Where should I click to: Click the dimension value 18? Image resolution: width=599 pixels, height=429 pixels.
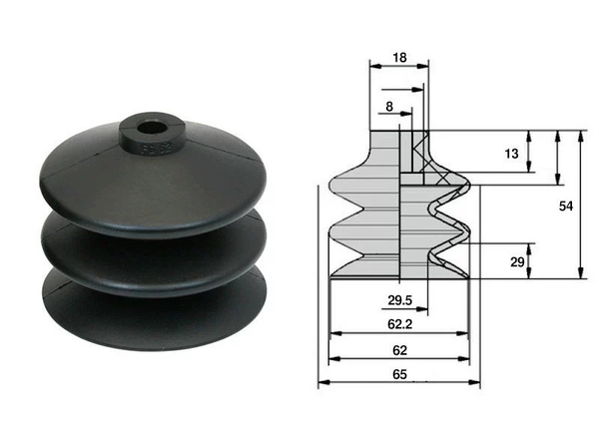click(x=399, y=59)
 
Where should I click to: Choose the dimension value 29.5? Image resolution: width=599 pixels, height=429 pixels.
click(x=371, y=299)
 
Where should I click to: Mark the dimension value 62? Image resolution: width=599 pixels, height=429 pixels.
click(x=398, y=350)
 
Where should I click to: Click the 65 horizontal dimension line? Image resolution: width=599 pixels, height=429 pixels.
click(x=398, y=384)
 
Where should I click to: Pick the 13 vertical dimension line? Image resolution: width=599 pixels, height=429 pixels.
click(x=529, y=154)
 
